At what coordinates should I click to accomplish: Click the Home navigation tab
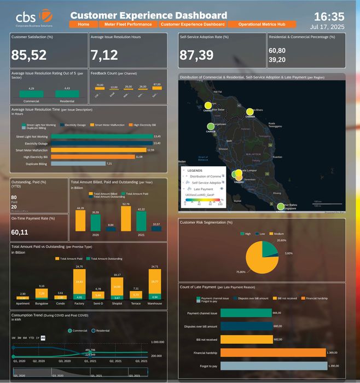point(84,25)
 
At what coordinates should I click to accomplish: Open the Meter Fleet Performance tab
point(128,25)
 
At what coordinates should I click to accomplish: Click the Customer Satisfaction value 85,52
point(29,54)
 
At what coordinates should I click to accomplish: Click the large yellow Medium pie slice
point(256,257)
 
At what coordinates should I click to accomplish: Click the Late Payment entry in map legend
point(204,189)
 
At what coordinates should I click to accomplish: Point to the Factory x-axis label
point(79,304)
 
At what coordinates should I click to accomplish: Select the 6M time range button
point(25,338)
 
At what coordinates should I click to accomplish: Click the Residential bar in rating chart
point(67,94)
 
